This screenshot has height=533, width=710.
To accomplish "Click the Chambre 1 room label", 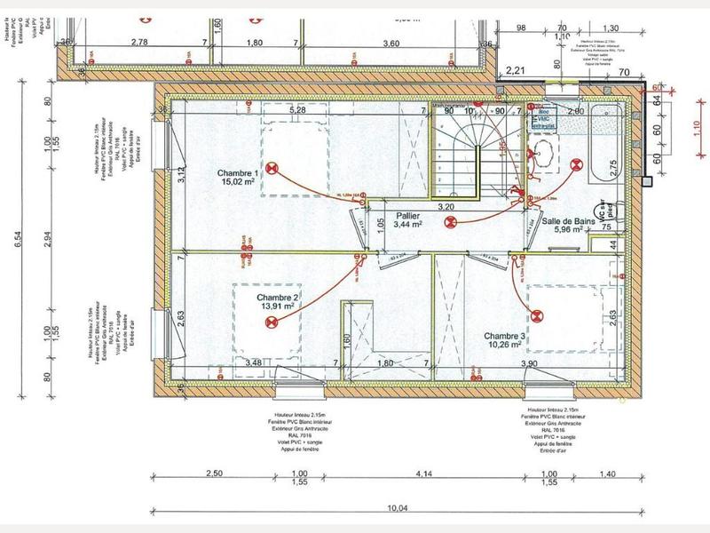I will [x=237, y=173].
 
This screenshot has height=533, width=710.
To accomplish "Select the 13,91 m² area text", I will [x=278, y=306].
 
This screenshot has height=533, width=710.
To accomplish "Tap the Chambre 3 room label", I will [x=507, y=337].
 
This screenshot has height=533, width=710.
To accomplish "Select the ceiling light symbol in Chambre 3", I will [x=539, y=313].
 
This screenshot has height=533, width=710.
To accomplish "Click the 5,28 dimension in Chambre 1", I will [x=298, y=109].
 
